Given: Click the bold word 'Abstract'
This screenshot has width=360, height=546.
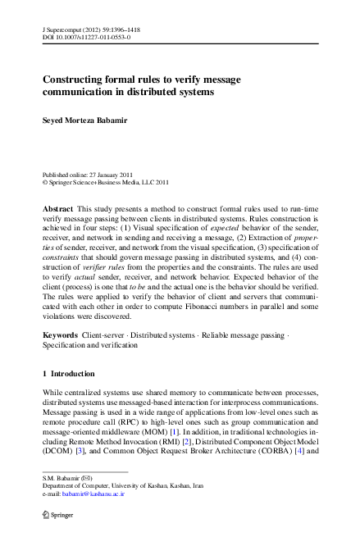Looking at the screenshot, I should pos(58,210).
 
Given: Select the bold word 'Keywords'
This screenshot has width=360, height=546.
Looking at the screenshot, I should pos(61,359).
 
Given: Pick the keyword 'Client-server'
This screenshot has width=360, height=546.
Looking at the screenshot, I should pos(104,359).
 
